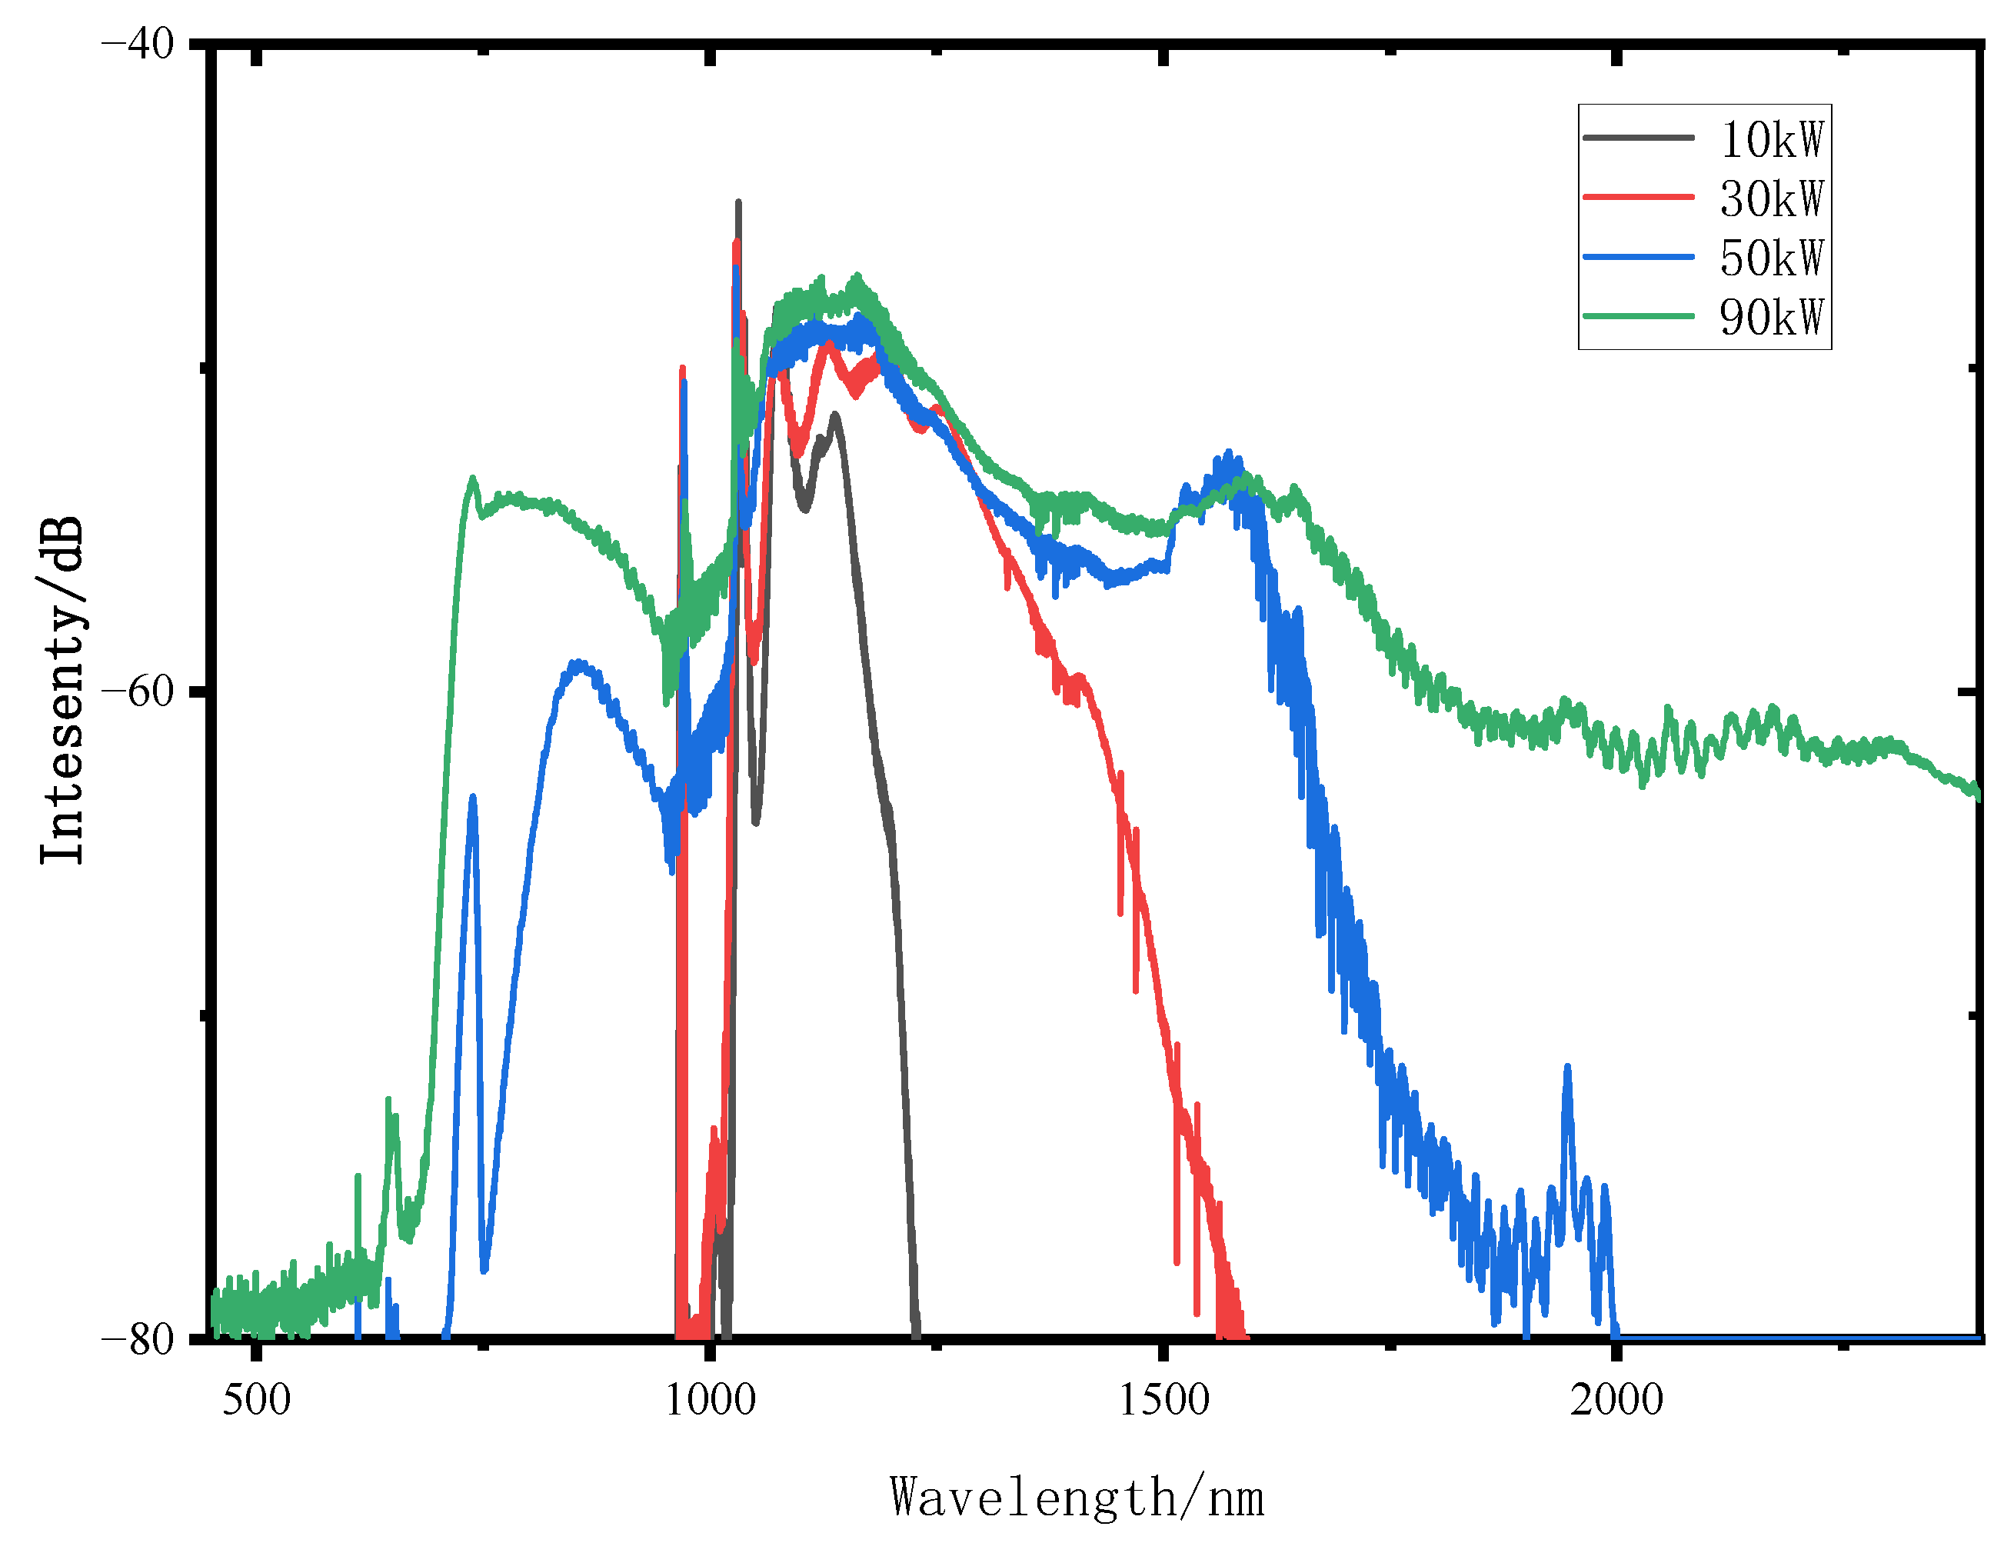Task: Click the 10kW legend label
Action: tap(1772, 139)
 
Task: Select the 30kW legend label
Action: tap(1772, 198)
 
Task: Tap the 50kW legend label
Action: tap(1772, 258)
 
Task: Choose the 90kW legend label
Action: tap(1772, 316)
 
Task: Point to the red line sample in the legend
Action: tap(1639, 196)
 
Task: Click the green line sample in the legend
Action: tap(1639, 315)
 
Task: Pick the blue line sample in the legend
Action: tap(1639, 256)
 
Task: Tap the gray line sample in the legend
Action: tap(1639, 138)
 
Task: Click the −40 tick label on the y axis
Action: tap(138, 43)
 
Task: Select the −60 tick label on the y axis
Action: tap(138, 691)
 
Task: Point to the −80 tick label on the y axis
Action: tap(138, 1338)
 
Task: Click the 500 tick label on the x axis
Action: tap(256, 1399)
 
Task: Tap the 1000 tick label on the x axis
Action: tap(710, 1399)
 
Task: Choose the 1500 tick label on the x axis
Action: tap(1163, 1399)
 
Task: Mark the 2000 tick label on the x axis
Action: tap(1616, 1399)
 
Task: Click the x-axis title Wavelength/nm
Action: tap(1076, 1498)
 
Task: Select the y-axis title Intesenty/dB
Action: tap(63, 691)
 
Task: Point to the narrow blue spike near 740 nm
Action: tap(473, 798)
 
